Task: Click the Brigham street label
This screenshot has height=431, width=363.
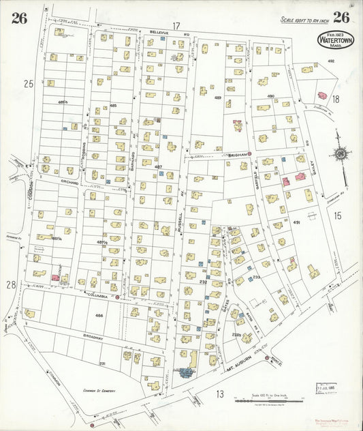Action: pyautogui.click(x=237, y=154)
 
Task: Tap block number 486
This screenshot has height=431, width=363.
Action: pyautogui.click(x=99, y=316)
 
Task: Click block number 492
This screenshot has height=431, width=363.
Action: pyautogui.click(x=332, y=61)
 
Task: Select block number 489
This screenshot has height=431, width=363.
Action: pyautogui.click(x=218, y=98)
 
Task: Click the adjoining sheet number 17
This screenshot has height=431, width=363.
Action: pyautogui.click(x=176, y=26)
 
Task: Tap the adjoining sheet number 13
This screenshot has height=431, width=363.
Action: pyautogui.click(x=220, y=393)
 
